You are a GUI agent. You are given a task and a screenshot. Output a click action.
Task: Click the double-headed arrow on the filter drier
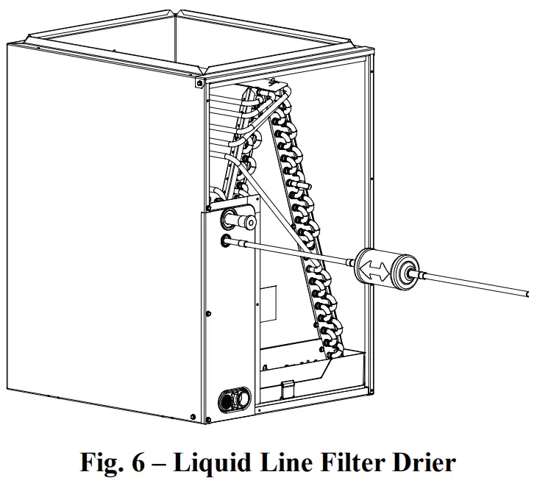pos(377,267)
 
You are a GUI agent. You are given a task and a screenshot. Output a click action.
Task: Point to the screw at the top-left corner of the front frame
pos(199,83)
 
